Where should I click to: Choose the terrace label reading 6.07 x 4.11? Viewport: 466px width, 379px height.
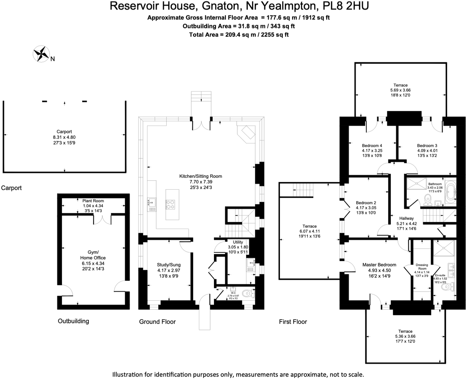[x=310, y=231]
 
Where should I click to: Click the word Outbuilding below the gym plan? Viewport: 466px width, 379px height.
[x=73, y=321]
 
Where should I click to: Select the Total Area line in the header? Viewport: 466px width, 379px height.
[x=239, y=34]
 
